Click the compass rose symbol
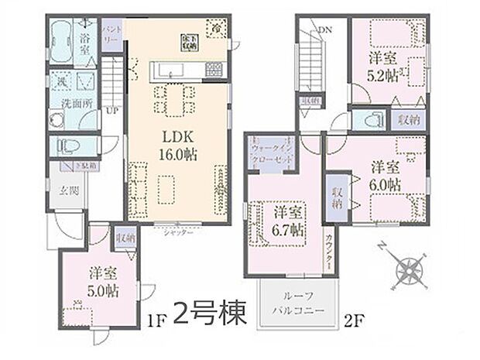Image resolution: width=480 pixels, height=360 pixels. click(406, 270)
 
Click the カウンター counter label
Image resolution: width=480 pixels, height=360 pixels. click(330, 249)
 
